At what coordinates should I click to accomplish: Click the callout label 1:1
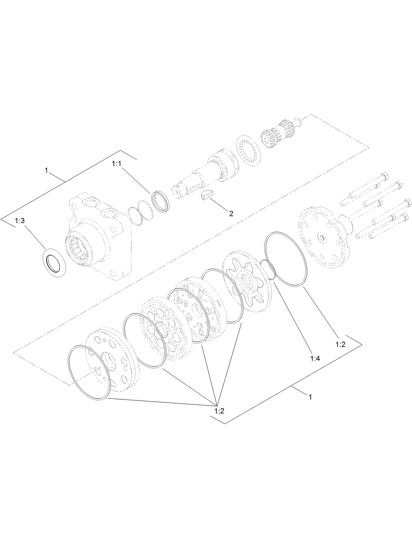(117, 164)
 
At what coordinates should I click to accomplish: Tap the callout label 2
(231, 214)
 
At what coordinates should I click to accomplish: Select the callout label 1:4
(315, 358)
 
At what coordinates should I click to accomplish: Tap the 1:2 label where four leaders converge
(219, 411)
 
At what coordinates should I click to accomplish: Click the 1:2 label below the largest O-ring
(341, 344)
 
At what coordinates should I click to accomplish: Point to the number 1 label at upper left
(47, 170)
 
